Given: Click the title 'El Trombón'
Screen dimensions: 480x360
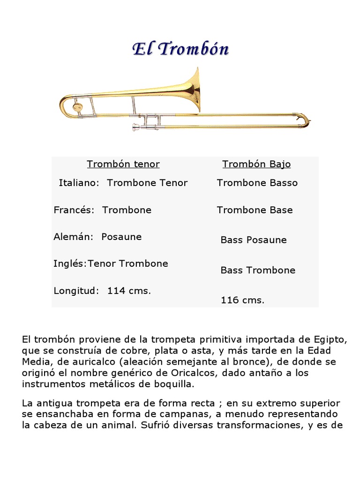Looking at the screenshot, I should click(180, 49).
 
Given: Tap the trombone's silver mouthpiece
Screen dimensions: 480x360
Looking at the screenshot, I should click(135, 126).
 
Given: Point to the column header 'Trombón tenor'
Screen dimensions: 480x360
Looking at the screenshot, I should click(123, 164).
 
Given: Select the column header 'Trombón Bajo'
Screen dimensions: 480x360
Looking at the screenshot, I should click(256, 164).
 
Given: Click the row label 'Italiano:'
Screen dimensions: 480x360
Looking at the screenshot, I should click(79, 183).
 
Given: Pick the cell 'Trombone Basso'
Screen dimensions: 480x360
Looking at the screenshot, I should click(257, 183).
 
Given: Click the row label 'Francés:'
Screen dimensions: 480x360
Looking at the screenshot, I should click(75, 210).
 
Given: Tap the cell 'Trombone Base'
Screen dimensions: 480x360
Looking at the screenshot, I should click(255, 210).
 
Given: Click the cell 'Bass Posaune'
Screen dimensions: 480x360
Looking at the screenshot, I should click(254, 240).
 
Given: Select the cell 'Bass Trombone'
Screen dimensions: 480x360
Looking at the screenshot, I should click(258, 270).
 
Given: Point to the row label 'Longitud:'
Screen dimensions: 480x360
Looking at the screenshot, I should click(76, 291).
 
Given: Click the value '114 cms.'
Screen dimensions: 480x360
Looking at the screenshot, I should click(129, 291).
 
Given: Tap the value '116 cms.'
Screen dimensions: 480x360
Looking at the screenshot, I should click(242, 300).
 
